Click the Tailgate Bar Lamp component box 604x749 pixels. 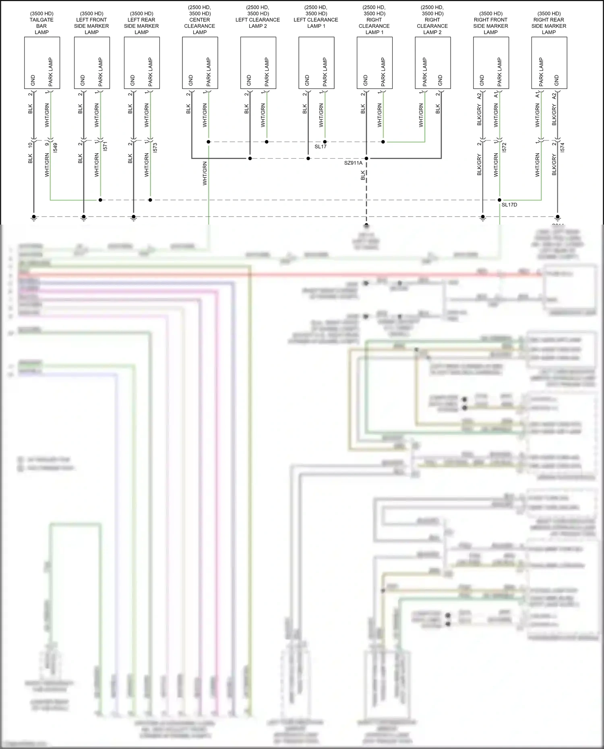click(x=42, y=63)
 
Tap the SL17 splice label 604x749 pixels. click(x=321, y=147)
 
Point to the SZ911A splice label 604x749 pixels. click(x=353, y=163)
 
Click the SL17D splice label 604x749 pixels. click(x=509, y=205)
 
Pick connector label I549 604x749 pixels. click(x=56, y=147)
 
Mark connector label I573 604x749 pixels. click(x=155, y=147)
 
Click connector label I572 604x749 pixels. click(x=505, y=147)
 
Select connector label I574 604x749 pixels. click(x=563, y=147)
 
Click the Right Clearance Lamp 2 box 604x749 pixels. click(x=432, y=63)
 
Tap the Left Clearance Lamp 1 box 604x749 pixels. click(x=316, y=63)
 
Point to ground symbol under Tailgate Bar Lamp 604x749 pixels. click(x=34, y=218)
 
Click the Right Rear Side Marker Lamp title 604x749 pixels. click(x=549, y=23)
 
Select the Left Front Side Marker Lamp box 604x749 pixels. click(x=92, y=63)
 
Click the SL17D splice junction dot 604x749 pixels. click(x=499, y=200)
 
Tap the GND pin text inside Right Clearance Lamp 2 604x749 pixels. click(x=440, y=80)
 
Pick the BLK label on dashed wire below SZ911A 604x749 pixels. click(x=363, y=175)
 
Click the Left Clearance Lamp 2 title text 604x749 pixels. click(x=258, y=20)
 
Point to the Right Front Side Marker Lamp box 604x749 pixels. click(x=491, y=63)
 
